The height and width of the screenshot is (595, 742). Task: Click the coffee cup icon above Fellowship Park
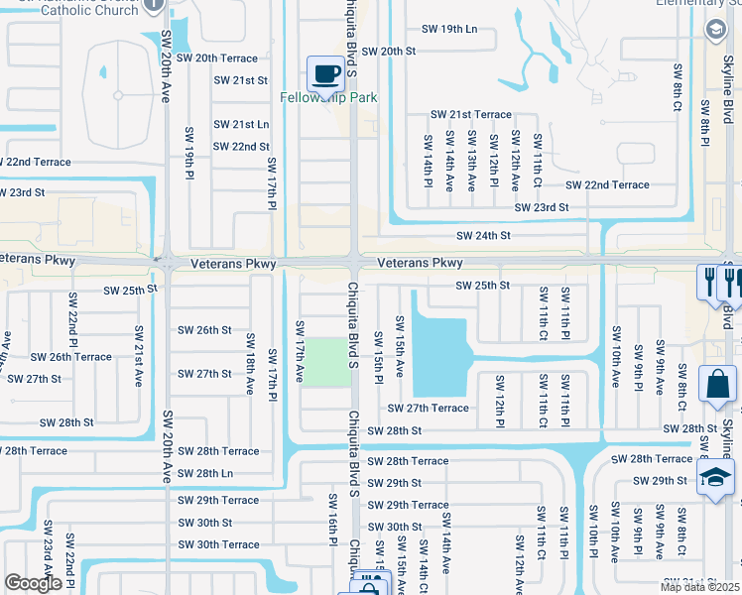pos(325,72)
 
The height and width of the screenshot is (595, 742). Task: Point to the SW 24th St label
pos(483,236)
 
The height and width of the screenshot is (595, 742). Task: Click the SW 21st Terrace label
pos(470,115)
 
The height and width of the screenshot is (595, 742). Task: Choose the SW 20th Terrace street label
pos(217,59)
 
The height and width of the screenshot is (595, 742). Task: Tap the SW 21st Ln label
pos(242,124)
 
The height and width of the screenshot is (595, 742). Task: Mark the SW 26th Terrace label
pos(70,357)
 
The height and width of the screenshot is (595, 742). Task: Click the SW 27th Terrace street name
pos(428,409)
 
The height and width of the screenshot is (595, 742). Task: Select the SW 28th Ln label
pos(205,474)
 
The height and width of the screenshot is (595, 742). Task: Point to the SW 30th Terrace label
pos(218,545)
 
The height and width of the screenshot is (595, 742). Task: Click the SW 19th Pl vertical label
pos(188,152)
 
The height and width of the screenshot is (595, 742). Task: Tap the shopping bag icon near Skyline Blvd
pos(716,387)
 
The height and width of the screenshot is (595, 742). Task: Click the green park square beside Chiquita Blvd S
pos(325,363)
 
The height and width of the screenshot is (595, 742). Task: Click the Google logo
pos(33,583)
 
